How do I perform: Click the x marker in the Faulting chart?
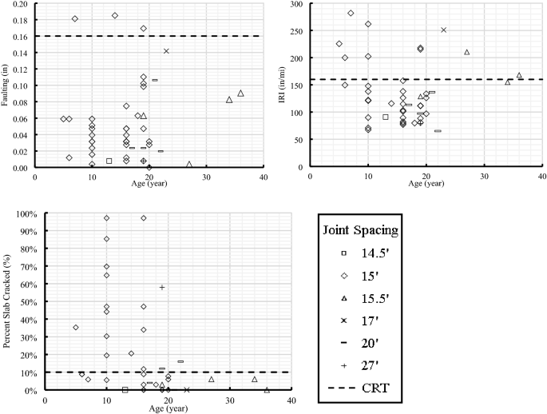[x=166, y=51]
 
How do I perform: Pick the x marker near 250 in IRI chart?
[x=443, y=30]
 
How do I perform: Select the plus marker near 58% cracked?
[x=162, y=287]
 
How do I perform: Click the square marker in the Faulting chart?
[x=109, y=161]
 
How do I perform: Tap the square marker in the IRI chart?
[x=385, y=117]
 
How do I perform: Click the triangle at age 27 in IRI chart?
[x=466, y=52]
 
